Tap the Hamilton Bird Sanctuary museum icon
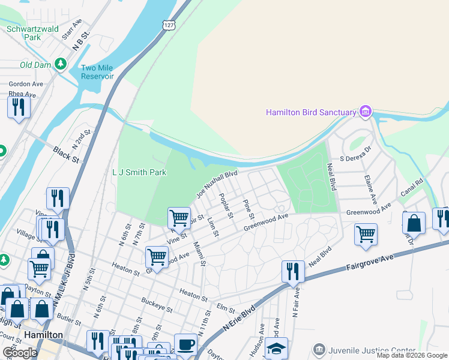point(365,112)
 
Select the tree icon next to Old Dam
point(60,64)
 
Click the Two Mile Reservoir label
point(97,73)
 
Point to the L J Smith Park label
point(139,172)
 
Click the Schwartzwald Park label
point(24,32)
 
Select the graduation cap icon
point(276,348)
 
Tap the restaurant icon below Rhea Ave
point(19,107)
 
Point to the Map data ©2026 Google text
point(412,355)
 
